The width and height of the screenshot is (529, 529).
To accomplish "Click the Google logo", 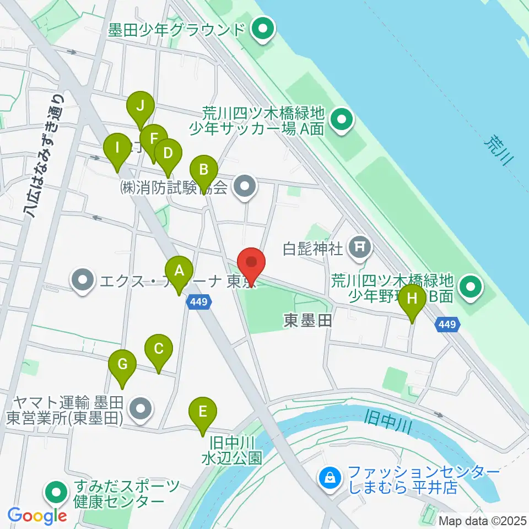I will (x=37, y=516).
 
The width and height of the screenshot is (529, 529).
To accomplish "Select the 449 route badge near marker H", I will (x=447, y=325).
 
